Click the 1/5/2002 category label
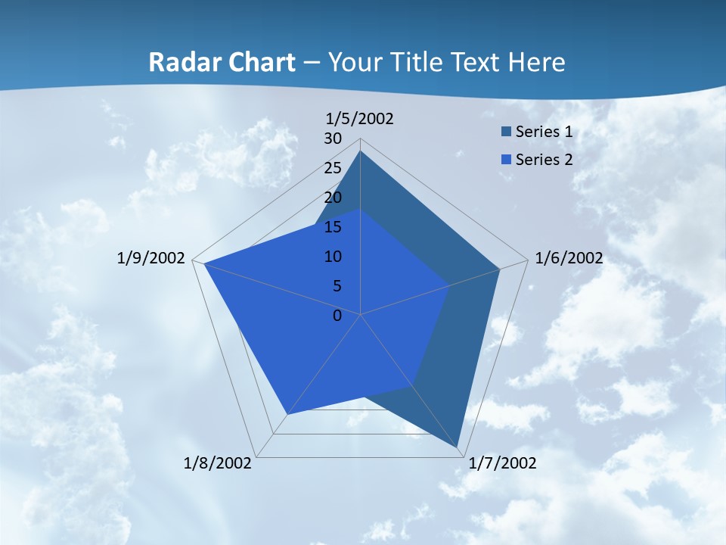(x=360, y=118)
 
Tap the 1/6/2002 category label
(x=569, y=258)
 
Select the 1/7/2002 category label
(x=502, y=463)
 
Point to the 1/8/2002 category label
(x=218, y=463)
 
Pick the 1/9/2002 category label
(x=151, y=258)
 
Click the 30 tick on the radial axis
(x=333, y=139)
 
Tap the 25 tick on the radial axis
(x=333, y=168)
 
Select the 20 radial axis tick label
(x=333, y=198)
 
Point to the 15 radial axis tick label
(x=333, y=227)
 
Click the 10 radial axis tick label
(x=333, y=257)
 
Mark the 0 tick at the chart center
(x=337, y=316)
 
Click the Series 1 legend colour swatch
(x=506, y=132)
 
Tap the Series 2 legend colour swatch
(x=506, y=160)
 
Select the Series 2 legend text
(x=544, y=160)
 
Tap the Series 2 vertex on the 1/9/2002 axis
(x=204, y=263)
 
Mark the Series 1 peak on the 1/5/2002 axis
(x=361, y=151)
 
